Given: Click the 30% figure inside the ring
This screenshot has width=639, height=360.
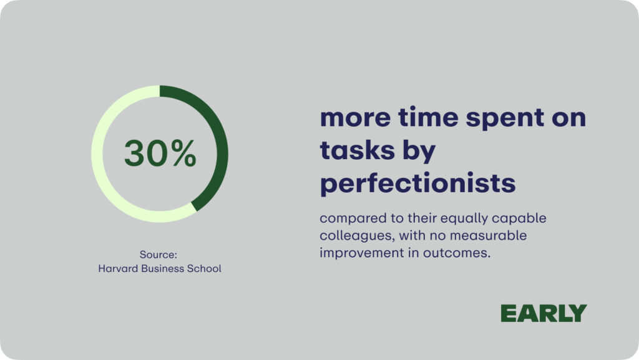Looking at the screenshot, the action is (x=160, y=153).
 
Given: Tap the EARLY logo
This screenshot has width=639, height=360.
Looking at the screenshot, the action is (x=544, y=313).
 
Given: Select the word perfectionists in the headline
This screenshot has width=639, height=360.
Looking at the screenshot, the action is (x=417, y=183).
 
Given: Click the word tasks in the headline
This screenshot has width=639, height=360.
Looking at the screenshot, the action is (x=358, y=150).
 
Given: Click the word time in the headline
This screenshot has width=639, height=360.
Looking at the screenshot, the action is (x=428, y=117).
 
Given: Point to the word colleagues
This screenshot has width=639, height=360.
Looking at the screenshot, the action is (x=356, y=236).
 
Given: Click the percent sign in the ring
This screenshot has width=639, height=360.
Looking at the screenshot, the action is (x=184, y=153).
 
